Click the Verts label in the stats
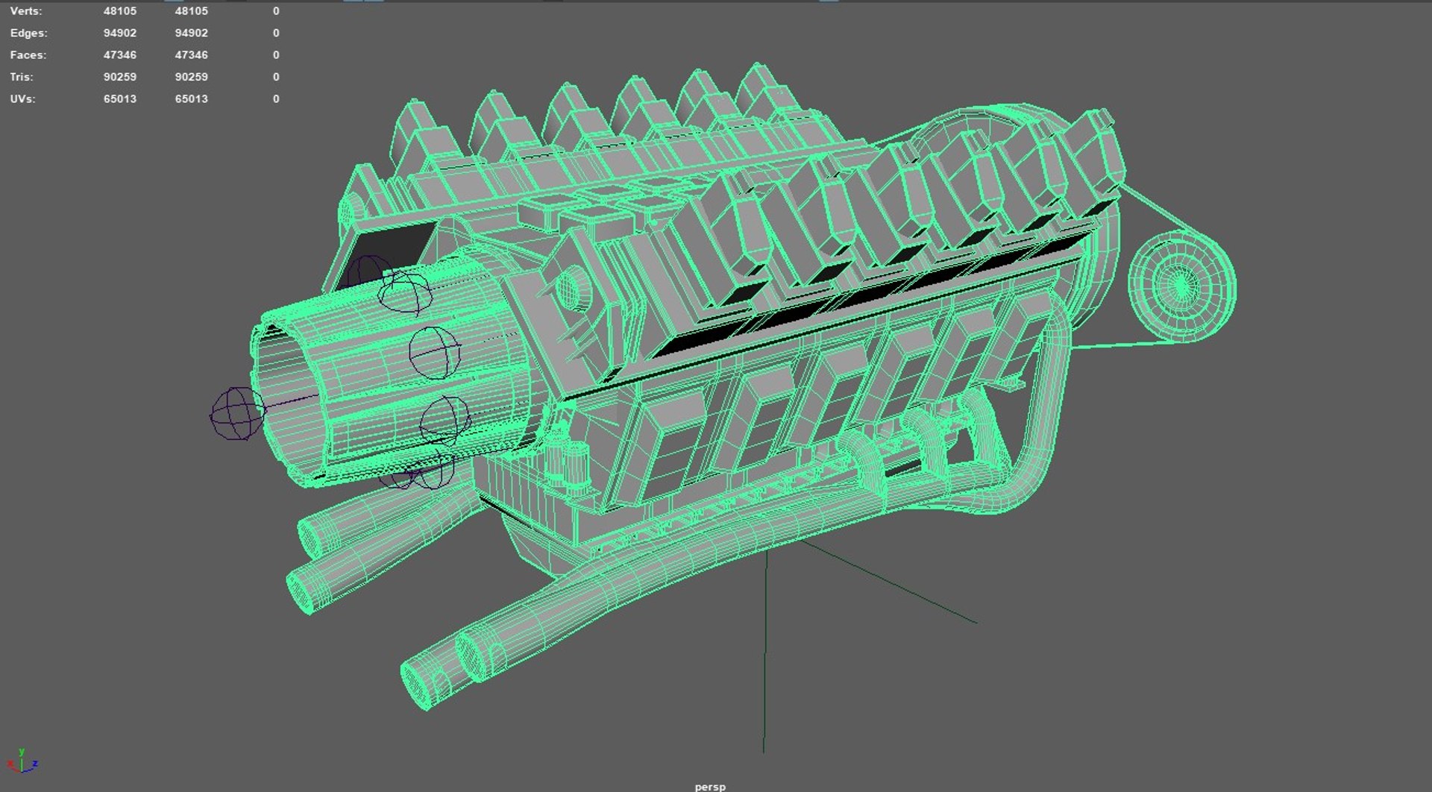26,11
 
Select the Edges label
28,33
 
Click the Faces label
28,55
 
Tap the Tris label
21,77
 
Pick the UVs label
22,99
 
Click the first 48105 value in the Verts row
120,11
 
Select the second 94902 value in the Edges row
192,33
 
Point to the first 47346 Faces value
120,55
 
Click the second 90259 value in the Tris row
192,77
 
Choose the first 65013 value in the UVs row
120,99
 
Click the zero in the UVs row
276,99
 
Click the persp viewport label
710,786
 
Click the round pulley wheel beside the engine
1181,286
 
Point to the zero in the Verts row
276,11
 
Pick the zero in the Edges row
276,33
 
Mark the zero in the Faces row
276,55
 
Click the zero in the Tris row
276,77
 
